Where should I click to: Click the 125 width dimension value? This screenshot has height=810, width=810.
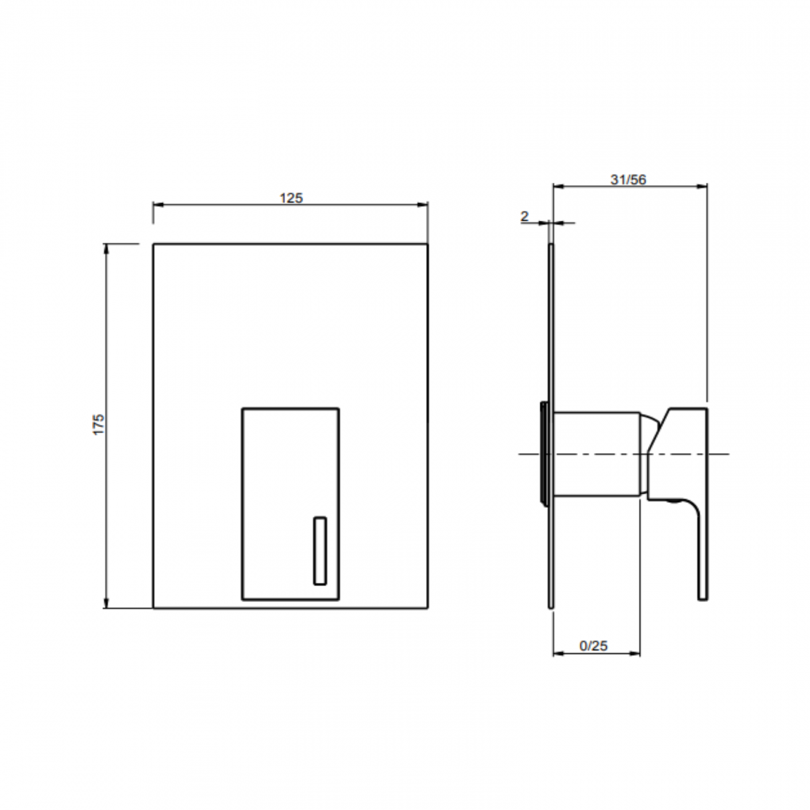tap(291, 198)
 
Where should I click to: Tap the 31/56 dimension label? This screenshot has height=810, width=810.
tap(628, 179)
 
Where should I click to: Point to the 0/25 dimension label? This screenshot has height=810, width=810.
tap(593, 646)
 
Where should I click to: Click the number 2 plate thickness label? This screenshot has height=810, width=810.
tap(524, 216)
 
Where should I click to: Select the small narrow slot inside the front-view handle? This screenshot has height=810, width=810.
tap(320, 551)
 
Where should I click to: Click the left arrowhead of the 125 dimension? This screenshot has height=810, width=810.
tap(158, 204)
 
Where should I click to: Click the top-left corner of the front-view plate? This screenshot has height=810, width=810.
tap(153, 244)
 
